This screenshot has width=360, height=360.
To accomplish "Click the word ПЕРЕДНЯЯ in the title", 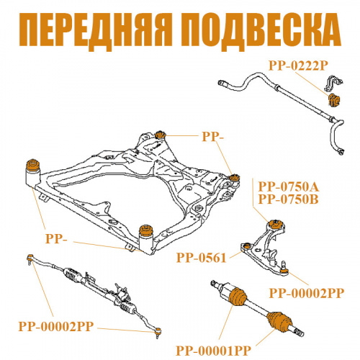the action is [x=96, y=30].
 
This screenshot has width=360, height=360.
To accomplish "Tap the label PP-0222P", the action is [x=298, y=66].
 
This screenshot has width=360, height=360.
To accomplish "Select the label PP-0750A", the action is [x=289, y=187].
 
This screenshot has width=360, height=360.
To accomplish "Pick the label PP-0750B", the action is [x=289, y=199].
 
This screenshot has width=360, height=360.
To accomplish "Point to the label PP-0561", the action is [x=202, y=258].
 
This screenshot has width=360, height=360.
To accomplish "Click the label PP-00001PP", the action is [x=213, y=351].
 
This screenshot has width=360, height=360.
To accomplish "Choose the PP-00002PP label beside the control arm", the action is [x=307, y=293].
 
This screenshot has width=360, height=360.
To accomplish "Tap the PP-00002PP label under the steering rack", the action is [x=56, y=326].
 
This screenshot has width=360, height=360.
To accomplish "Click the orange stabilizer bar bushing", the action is [x=334, y=100].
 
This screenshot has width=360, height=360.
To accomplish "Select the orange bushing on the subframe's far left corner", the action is [x=33, y=165].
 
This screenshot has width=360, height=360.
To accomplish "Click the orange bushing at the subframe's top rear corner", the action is [x=160, y=135].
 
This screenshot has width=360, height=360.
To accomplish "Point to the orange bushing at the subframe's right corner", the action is [x=234, y=178].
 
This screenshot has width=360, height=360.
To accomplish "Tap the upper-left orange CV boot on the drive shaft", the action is [x=238, y=297].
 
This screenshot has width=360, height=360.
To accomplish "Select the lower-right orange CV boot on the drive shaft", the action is [x=279, y=322].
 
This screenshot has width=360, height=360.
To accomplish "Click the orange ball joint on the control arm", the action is [x=284, y=271].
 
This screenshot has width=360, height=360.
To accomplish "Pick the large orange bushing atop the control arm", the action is [x=276, y=224].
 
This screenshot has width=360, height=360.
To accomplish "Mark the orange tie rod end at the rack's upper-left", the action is [x=30, y=258].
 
